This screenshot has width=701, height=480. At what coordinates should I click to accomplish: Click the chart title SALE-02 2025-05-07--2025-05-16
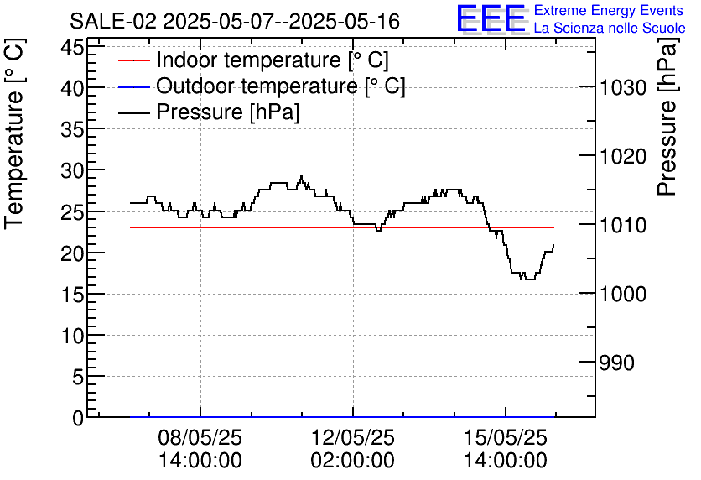(x=235, y=21)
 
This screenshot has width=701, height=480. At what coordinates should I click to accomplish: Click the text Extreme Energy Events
(x=609, y=11)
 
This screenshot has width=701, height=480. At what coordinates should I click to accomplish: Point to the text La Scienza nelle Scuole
(x=609, y=28)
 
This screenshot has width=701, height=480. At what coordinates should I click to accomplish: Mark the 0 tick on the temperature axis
(x=78, y=418)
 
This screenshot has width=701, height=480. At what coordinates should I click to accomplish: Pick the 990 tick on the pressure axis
(x=616, y=363)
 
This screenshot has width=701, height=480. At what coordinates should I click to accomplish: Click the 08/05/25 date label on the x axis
(x=200, y=438)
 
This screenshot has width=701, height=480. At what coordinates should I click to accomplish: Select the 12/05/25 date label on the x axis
(x=353, y=438)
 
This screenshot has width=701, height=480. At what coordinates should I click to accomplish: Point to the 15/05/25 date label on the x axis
(x=506, y=438)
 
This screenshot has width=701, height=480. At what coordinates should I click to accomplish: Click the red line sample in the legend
(x=132, y=60)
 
